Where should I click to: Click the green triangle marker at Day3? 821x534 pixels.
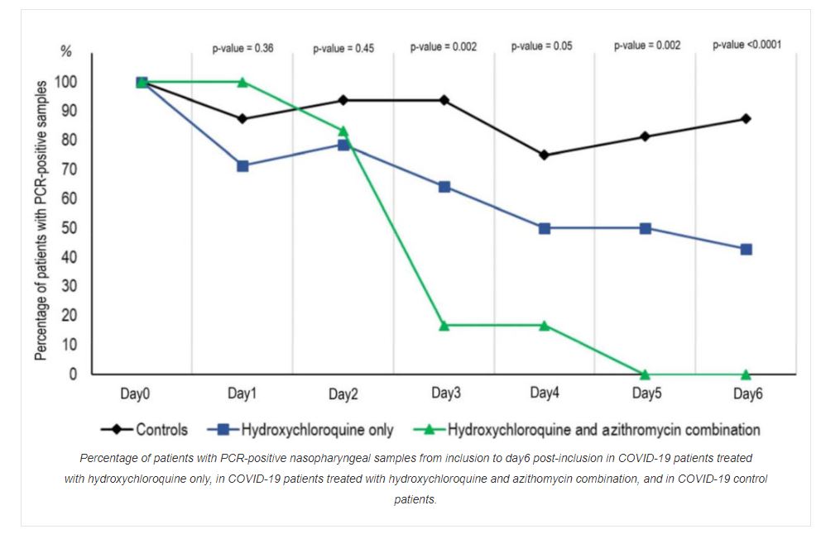444,326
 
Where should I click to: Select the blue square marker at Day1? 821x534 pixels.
242,166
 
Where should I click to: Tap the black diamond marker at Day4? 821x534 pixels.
544,155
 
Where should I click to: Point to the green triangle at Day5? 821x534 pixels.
645,374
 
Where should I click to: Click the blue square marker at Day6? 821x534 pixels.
746,249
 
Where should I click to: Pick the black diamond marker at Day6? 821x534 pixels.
746,119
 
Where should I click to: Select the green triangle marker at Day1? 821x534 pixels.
242,82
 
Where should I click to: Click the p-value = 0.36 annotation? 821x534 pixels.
242,48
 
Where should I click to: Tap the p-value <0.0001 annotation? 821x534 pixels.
747,45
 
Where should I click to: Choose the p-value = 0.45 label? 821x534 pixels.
343,48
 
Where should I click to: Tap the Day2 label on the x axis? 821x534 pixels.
343,394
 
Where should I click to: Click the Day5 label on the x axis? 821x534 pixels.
646,393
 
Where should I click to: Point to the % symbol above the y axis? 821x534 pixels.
65,51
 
